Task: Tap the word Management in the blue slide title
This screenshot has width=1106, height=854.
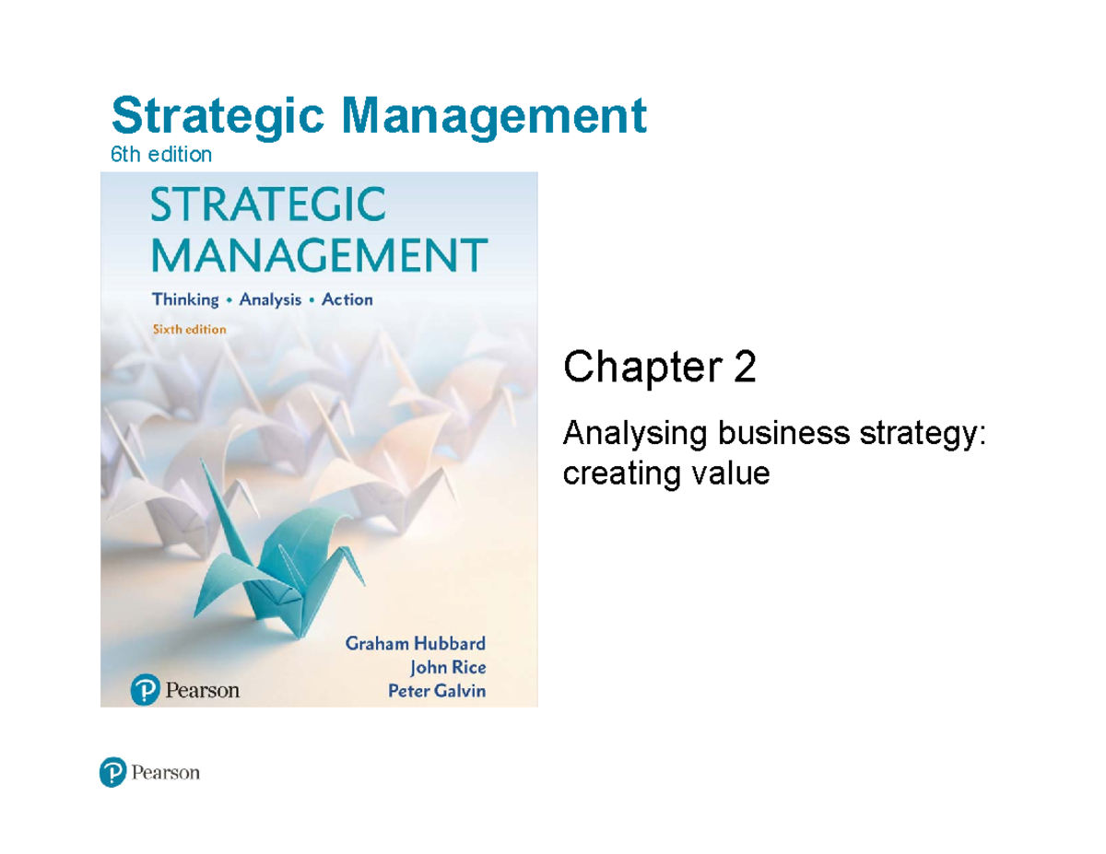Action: [492, 118]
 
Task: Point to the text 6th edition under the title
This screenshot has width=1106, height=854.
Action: [161, 155]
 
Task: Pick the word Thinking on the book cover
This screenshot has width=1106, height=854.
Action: [185, 299]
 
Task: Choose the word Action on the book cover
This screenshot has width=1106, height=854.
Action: [348, 299]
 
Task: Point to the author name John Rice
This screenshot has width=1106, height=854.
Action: [446, 668]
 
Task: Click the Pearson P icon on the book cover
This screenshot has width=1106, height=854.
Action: [143, 689]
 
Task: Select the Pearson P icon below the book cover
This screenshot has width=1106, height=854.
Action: [112, 774]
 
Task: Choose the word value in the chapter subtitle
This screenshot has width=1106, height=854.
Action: [734, 474]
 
